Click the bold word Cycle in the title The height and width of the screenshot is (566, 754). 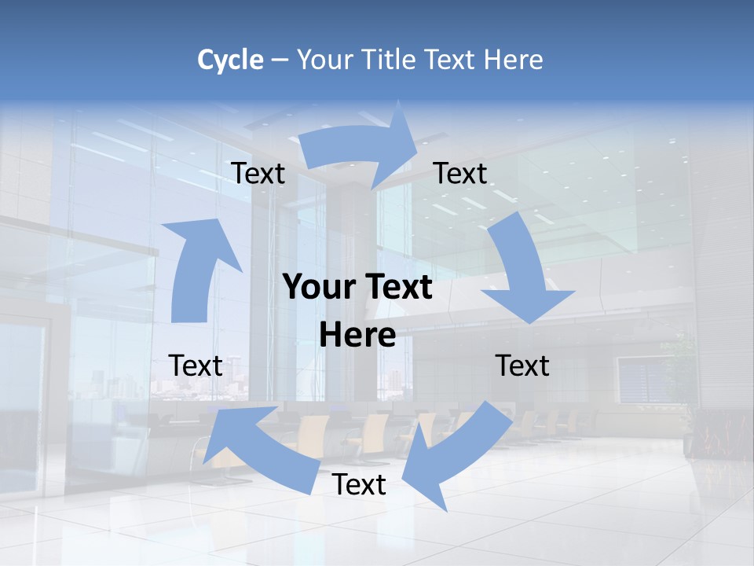point(230,60)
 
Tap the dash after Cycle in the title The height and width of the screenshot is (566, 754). point(280,61)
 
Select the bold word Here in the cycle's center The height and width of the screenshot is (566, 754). point(357,336)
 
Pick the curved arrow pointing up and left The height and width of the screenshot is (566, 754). point(259,448)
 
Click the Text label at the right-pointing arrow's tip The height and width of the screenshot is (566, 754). point(460,173)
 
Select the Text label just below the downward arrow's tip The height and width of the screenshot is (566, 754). point(522,366)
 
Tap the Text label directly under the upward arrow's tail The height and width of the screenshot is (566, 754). point(196,366)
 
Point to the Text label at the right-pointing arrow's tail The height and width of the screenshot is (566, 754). point(258,173)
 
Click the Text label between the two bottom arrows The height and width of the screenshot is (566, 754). point(359,484)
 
